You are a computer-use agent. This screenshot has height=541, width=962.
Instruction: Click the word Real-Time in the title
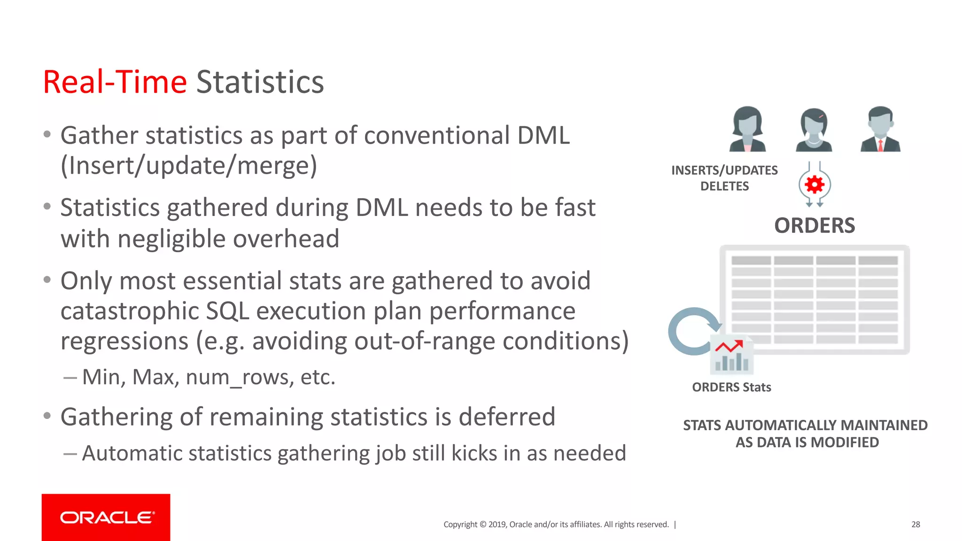pyautogui.click(x=115, y=82)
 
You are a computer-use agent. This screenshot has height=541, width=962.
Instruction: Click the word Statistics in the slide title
pyautogui.click(x=260, y=82)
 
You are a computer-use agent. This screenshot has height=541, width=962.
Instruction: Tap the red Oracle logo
pyautogui.click(x=106, y=517)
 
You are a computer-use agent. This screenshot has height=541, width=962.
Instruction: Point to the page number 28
pyautogui.click(x=915, y=524)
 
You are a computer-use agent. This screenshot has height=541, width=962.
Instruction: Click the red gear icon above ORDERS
pyautogui.click(x=815, y=185)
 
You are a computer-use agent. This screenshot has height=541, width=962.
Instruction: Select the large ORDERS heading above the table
pyautogui.click(x=815, y=226)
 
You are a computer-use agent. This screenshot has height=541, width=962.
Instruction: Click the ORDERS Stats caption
pyautogui.click(x=731, y=387)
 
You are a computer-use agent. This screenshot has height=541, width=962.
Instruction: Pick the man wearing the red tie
pyautogui.click(x=880, y=129)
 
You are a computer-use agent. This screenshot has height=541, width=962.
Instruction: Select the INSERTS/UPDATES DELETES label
pyautogui.click(x=724, y=178)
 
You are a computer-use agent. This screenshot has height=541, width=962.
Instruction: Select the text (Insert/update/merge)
pyautogui.click(x=189, y=166)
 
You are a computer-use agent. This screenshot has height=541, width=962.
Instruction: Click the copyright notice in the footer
pyautogui.click(x=556, y=524)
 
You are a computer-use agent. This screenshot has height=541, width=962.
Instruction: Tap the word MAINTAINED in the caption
pyautogui.click(x=884, y=425)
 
